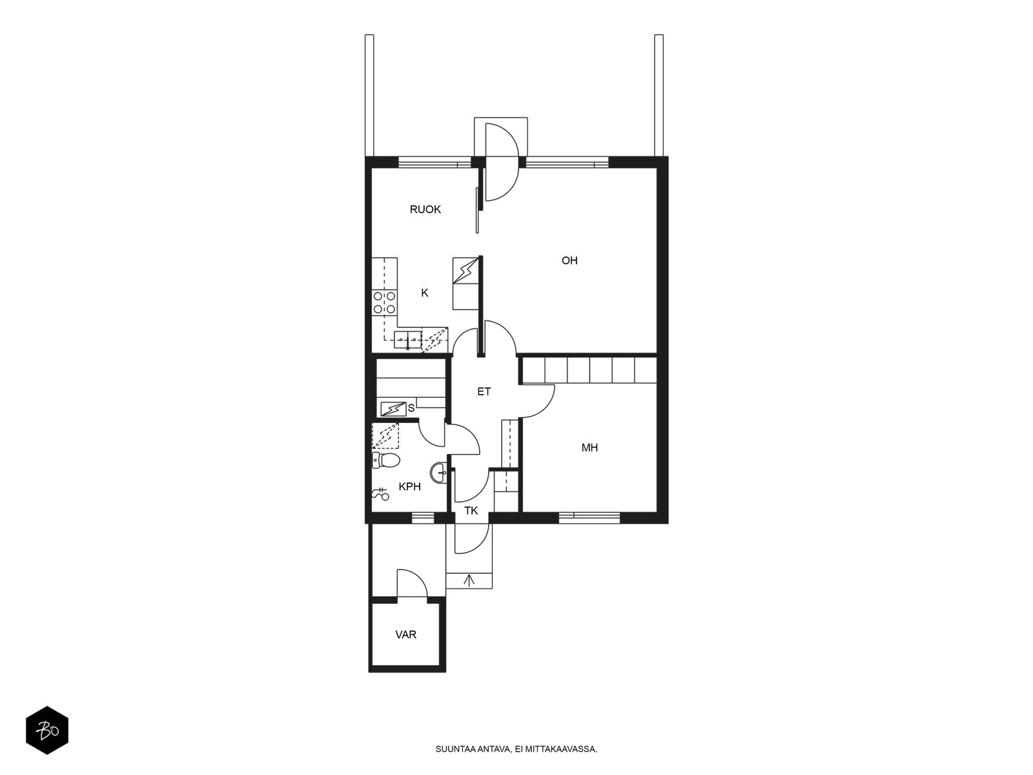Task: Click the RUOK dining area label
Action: point(425,209)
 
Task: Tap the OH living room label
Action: point(569,261)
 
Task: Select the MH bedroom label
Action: point(589,448)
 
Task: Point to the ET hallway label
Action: point(484,391)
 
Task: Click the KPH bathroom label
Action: point(409,486)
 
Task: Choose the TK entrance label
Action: point(471,511)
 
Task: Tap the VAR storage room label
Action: point(405,635)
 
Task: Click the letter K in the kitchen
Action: point(424,293)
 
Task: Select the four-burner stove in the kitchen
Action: point(384,302)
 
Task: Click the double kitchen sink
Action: point(407,339)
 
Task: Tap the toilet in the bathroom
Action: point(386,460)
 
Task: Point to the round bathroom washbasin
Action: point(438,472)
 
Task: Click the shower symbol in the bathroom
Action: point(380,495)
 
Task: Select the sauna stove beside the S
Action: point(393,409)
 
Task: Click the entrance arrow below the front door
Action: point(469,580)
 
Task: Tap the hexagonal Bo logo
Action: point(47,730)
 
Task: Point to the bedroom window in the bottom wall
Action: point(589,517)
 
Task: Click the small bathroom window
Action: point(423,517)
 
